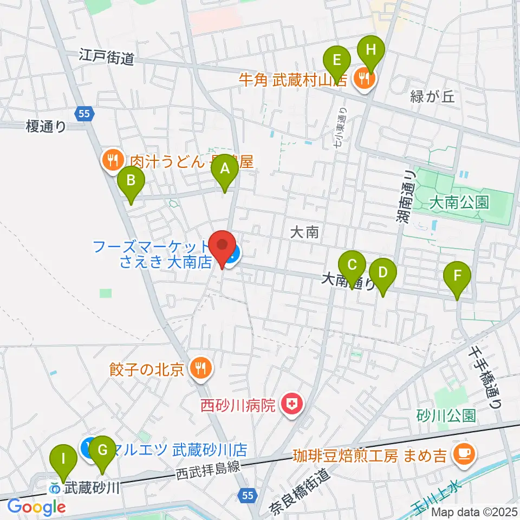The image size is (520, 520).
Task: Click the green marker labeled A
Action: (224, 175)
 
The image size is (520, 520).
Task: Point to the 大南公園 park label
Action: (459, 203)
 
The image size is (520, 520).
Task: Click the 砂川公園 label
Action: (446, 415)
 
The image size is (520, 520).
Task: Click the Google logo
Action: (36, 506)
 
